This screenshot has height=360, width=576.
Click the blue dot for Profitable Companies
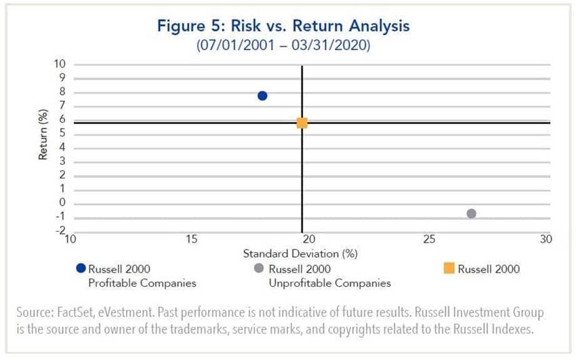pos(262,96)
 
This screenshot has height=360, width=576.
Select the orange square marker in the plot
pos(302,123)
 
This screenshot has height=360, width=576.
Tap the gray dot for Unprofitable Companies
pos(472,214)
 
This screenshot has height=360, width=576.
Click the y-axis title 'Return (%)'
pos(43,137)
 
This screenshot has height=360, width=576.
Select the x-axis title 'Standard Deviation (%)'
pos(300,254)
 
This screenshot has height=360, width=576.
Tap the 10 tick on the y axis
pos(60,64)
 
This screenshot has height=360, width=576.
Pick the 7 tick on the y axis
pos(62,106)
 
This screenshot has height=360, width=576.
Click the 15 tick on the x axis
pos(192,239)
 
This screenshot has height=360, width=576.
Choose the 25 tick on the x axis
pos(428,239)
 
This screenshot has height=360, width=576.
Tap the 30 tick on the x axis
pos(546,239)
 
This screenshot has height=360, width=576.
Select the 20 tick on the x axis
pos(308,239)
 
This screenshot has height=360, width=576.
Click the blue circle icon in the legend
pos(81,268)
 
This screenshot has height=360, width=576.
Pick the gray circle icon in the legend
pos(258,268)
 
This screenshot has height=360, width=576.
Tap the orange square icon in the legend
pos(448,268)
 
